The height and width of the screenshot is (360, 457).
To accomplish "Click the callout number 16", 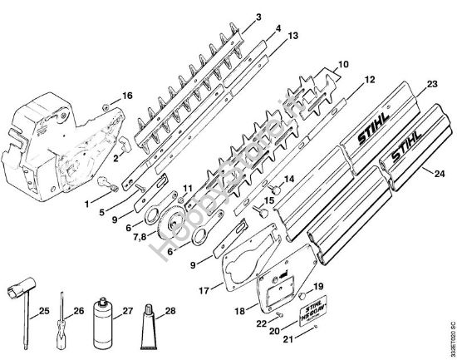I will pos(126,96).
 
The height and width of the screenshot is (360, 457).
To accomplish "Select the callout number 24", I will pos(433,173).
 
